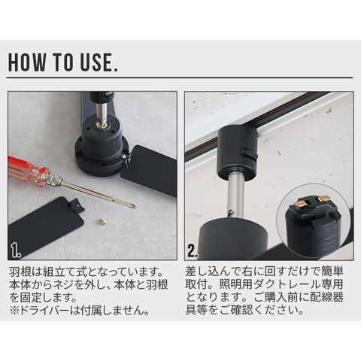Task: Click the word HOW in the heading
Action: pyautogui.click(x=27, y=62)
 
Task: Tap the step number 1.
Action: pyautogui.click(x=16, y=250)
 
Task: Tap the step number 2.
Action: pyautogui.click(x=193, y=250)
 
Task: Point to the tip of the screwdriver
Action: pyautogui.click(x=135, y=207)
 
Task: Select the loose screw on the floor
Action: pyautogui.click(x=102, y=220)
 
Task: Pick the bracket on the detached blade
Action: pyautogui.click(x=76, y=204)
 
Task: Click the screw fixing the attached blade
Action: pyautogui.click(x=123, y=156)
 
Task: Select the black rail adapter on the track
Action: pyautogui.click(x=237, y=153)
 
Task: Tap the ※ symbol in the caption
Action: pyautogui.click(x=14, y=311)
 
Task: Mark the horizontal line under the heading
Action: pyautogui.click(x=180, y=77)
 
